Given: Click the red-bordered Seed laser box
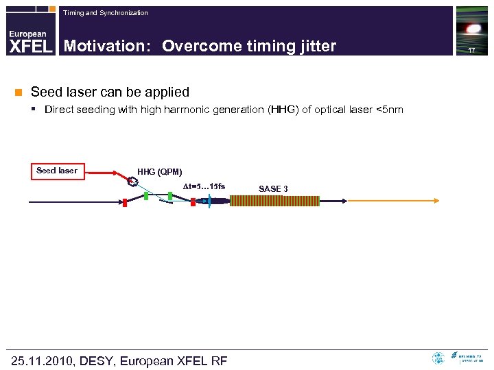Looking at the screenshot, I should coord(58,171).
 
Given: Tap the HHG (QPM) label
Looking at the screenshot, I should coord(159,172).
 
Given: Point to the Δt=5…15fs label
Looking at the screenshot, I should coord(203,187).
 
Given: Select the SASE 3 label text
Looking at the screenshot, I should coord(272,188).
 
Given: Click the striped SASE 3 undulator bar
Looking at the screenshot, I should coord(274,201).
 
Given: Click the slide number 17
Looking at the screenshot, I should coord(471,51).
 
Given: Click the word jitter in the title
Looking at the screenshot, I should coord(315,46).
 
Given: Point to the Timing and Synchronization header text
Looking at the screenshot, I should coord(105,13).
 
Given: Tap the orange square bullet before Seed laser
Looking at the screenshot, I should coord(19,92).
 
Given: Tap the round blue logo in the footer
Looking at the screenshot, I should coord(438,358).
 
